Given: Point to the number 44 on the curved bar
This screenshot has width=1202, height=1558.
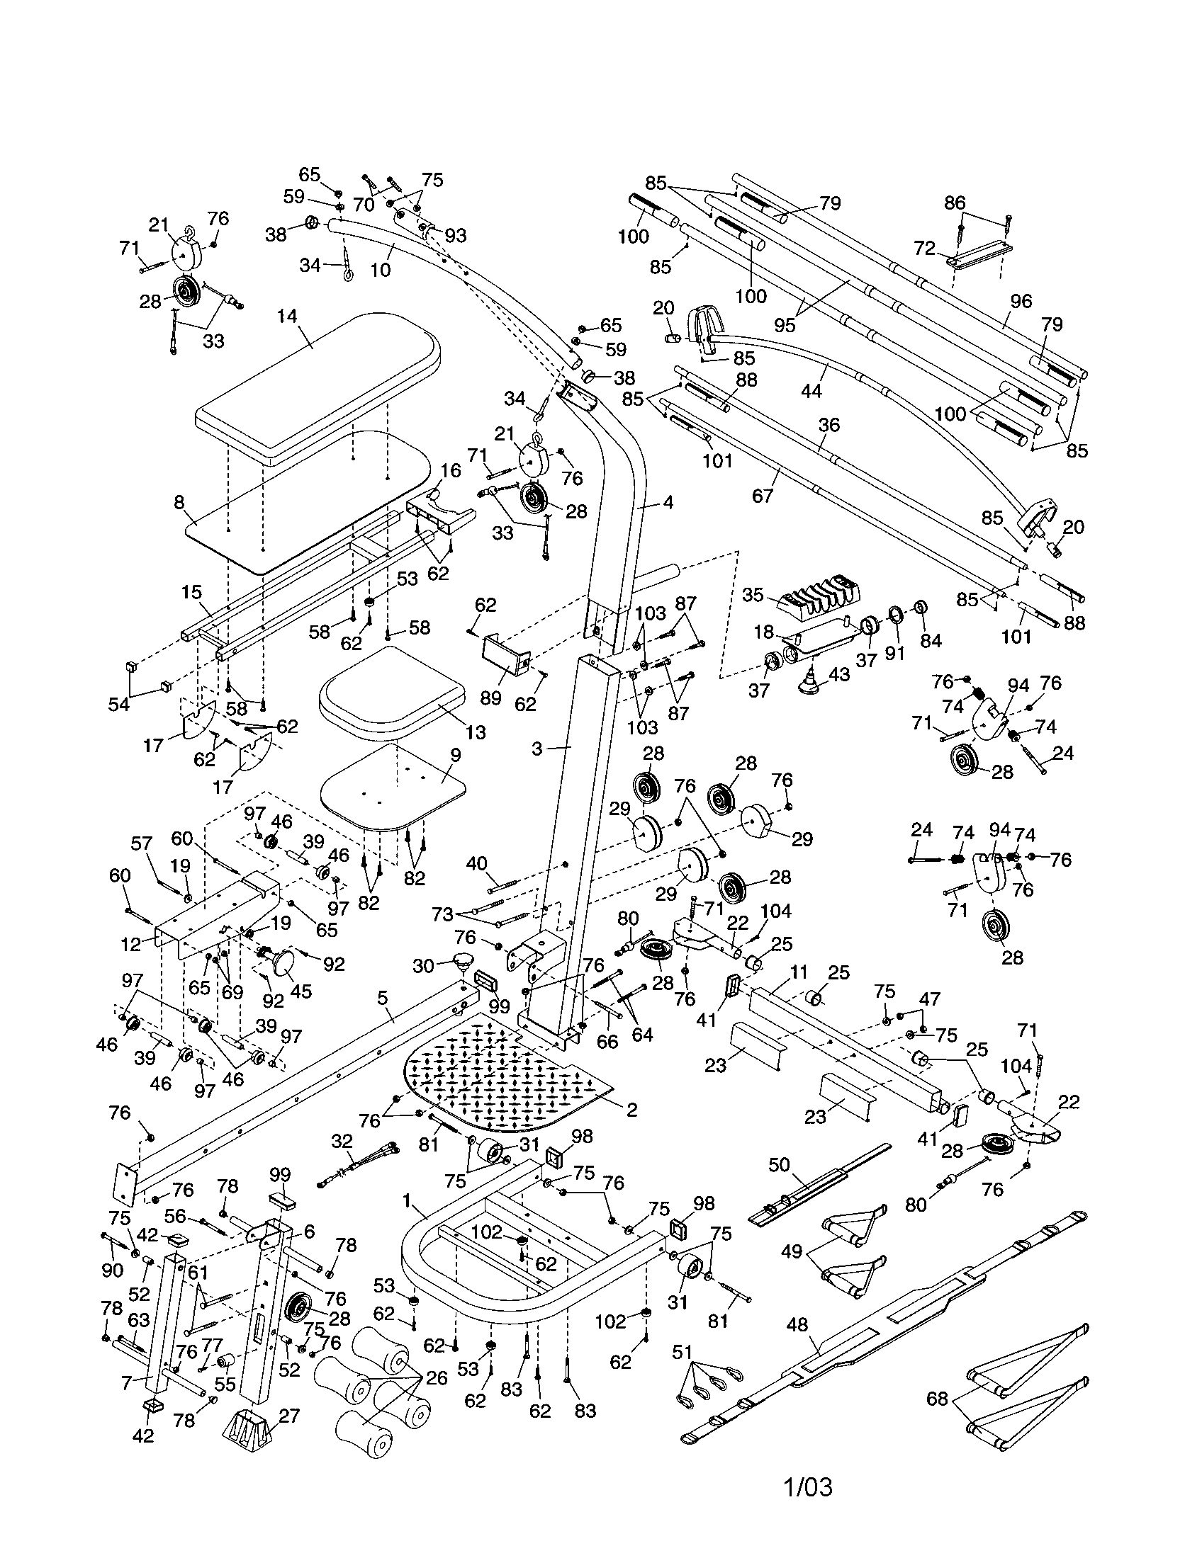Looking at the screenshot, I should click(811, 391).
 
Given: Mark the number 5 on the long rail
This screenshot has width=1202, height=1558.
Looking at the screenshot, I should click(383, 996).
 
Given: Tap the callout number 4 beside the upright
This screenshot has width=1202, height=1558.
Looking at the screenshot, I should click(668, 502).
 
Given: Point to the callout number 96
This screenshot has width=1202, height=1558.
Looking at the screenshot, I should click(1021, 301).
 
